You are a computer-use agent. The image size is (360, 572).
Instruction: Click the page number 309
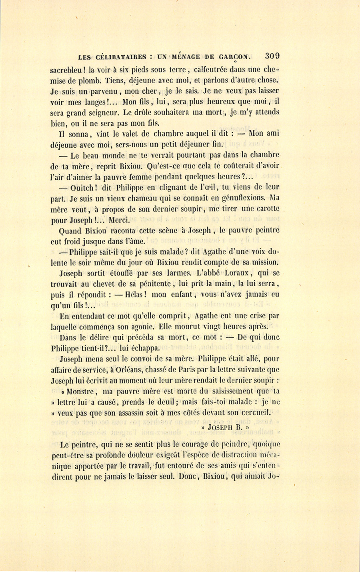[x=272, y=56]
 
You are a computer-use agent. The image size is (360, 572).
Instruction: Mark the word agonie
[x=134, y=327]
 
